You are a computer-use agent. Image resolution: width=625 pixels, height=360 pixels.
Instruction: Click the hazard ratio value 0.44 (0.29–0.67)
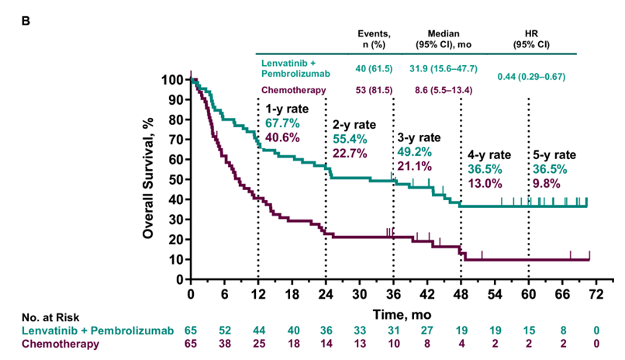click(x=531, y=76)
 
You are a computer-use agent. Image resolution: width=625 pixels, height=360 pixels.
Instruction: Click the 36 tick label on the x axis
click(x=394, y=295)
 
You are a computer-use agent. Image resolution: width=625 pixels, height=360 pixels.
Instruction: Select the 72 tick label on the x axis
click(x=596, y=295)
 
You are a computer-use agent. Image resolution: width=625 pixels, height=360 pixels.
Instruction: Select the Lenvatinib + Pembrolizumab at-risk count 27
click(x=427, y=331)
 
